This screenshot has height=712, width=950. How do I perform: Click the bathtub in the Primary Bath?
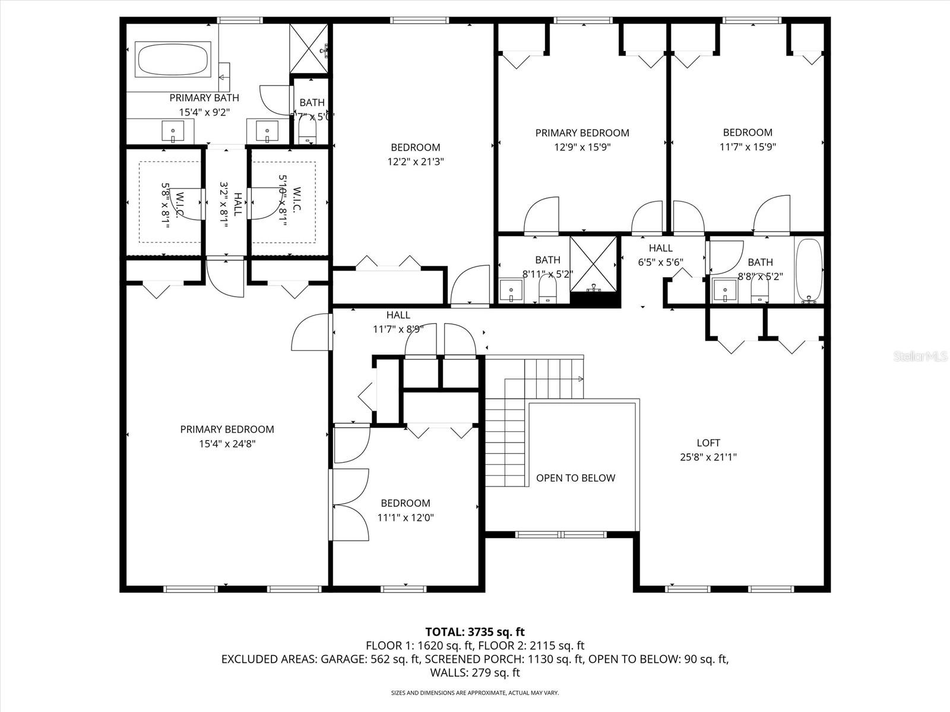173,59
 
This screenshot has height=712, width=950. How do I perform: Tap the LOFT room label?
708,443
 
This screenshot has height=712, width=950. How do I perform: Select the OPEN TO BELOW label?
575,478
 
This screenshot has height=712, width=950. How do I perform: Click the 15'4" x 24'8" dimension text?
227,443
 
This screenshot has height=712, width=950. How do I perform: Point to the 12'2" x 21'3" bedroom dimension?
416,161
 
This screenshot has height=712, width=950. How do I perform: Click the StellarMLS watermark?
920,357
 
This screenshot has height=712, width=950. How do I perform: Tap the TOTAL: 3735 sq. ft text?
475,632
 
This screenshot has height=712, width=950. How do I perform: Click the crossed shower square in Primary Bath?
309,49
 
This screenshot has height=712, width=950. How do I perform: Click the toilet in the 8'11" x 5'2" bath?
547,291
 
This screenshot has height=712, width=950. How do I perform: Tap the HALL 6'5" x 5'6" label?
661,255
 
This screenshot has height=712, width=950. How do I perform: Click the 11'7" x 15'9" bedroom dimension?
748,147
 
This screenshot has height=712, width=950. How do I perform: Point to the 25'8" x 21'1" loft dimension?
708,457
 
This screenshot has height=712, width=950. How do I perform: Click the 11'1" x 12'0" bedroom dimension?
406,517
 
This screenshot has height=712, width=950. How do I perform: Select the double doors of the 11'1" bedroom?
350,505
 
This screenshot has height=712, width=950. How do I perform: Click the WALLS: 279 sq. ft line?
475,673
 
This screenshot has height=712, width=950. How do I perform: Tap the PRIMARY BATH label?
204,98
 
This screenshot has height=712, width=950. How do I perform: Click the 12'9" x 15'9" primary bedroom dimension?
582,147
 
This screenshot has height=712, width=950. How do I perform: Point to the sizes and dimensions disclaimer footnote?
475,692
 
